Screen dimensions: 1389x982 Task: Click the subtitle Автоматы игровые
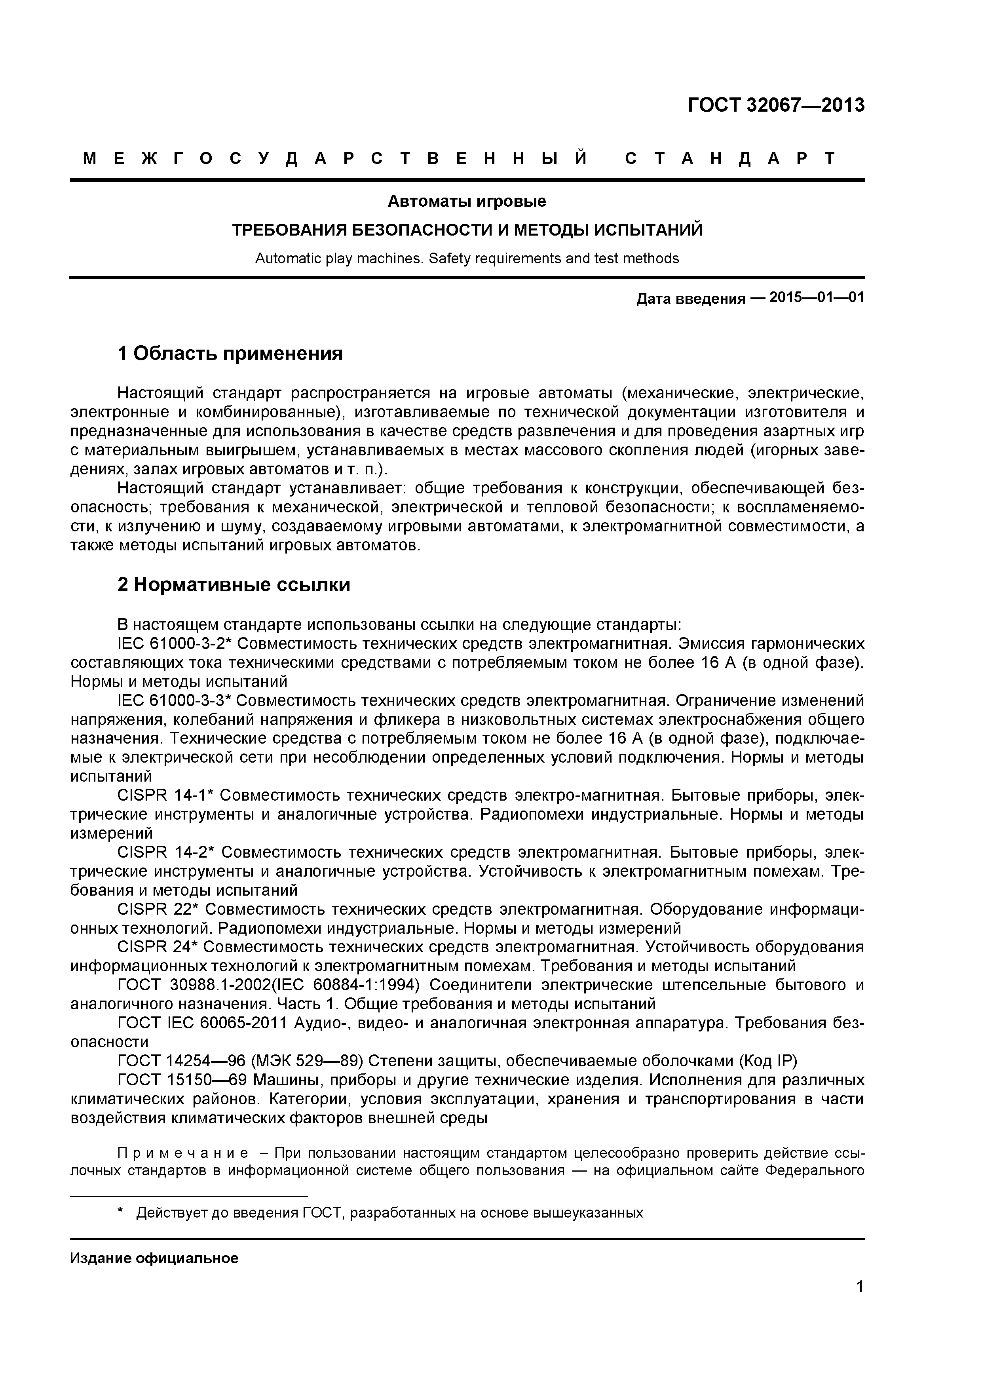466,201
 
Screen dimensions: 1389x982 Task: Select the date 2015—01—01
816,298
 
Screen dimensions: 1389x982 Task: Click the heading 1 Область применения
230,353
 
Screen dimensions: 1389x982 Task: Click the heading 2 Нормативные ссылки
234,585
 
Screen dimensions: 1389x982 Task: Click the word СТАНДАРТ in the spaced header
730,158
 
